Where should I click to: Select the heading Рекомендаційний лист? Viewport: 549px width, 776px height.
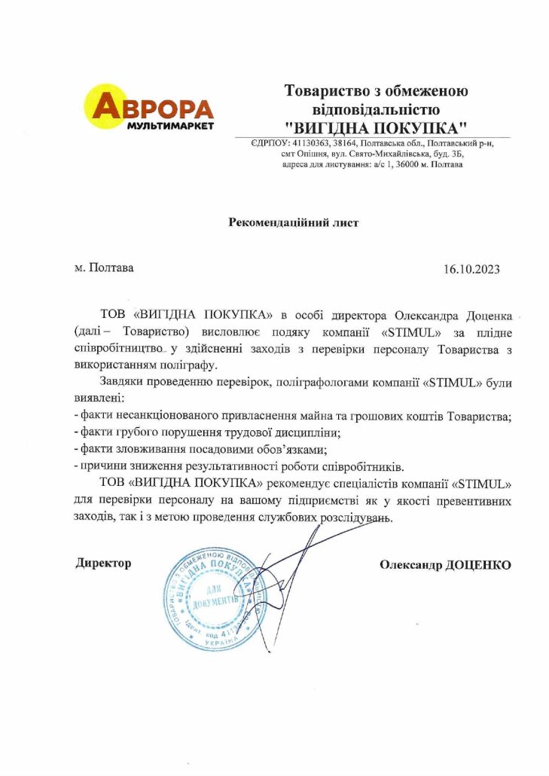pos(294,222)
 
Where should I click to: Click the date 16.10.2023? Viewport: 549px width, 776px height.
pos(472,268)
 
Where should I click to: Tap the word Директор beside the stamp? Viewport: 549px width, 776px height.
pos(103,563)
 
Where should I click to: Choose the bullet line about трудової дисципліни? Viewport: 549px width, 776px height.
pos(207,432)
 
